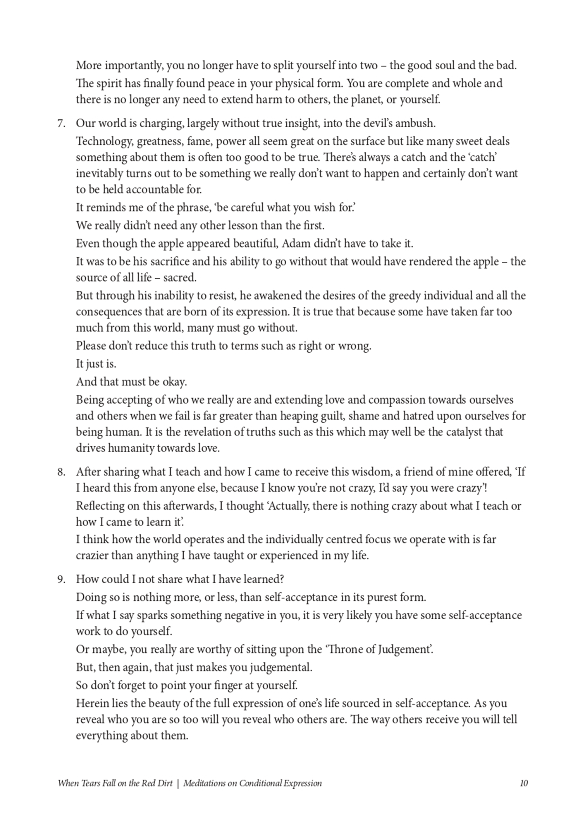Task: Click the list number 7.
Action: pyautogui.click(x=61, y=124)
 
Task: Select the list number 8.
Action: pyautogui.click(x=61, y=472)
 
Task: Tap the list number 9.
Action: pyautogui.click(x=61, y=580)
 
